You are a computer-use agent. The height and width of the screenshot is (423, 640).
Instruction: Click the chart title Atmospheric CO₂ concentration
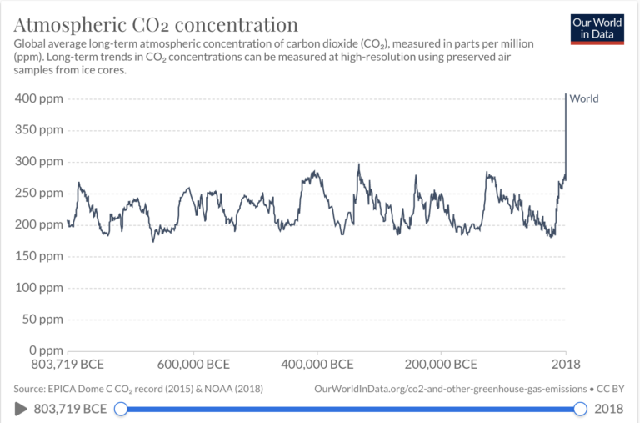[x=156, y=23]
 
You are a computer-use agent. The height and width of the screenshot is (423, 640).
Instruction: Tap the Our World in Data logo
[x=597, y=28]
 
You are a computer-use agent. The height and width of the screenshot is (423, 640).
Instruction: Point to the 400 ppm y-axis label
[x=39, y=98]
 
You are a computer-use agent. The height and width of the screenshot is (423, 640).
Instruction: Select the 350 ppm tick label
[x=39, y=130]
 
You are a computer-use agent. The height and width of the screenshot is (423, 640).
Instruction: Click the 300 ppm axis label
[x=39, y=162]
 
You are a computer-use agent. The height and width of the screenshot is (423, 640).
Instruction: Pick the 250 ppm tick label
[x=39, y=193]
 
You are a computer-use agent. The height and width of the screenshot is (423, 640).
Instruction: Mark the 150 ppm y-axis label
[x=39, y=256]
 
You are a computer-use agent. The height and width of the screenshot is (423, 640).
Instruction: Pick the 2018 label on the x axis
[x=566, y=365]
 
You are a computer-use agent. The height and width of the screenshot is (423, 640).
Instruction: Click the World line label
[x=584, y=98]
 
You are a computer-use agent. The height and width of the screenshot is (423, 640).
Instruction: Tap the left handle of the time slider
[x=121, y=409]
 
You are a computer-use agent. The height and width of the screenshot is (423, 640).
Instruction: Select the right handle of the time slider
[x=580, y=409]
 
